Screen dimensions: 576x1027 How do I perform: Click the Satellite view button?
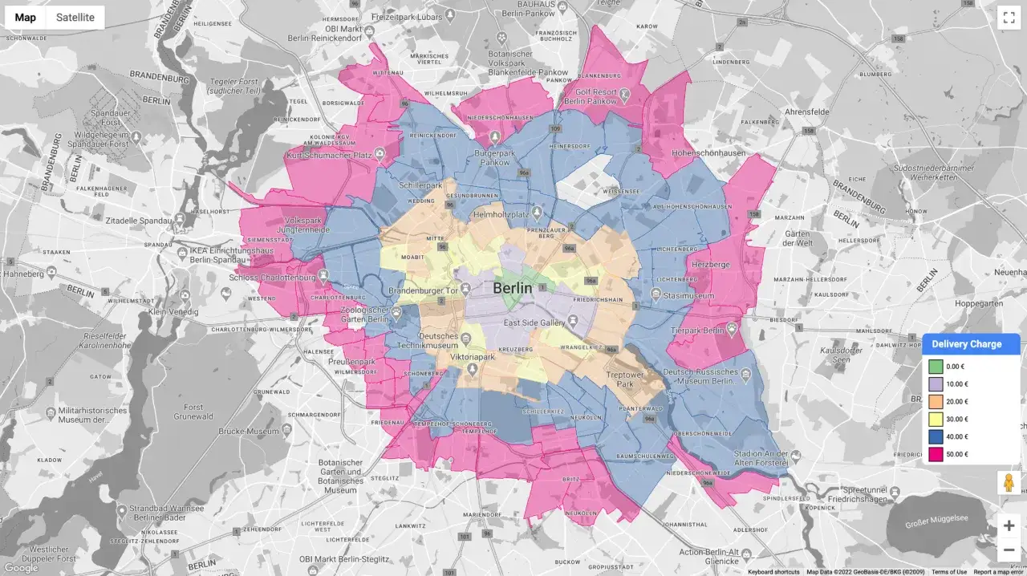[75, 18]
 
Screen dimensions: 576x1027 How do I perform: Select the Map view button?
[26, 18]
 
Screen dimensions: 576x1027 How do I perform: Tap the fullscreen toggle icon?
[1008, 18]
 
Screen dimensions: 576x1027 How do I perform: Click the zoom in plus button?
[1009, 525]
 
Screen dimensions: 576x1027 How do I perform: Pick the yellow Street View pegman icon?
[1009, 483]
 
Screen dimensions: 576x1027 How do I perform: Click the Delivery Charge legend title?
[966, 344]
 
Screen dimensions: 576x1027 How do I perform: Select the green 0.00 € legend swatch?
[935, 367]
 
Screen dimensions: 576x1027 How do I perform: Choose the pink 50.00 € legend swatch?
[935, 455]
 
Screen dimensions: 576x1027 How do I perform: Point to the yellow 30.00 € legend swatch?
[935, 420]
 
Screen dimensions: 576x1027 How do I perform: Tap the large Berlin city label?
[513, 288]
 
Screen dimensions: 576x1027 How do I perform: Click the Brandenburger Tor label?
[423, 290]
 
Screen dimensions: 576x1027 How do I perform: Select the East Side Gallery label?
[535, 322]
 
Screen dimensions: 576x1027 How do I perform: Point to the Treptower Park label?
[624, 379]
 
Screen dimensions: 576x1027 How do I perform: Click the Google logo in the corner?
[21, 568]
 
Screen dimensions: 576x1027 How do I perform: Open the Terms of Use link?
[948, 572]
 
